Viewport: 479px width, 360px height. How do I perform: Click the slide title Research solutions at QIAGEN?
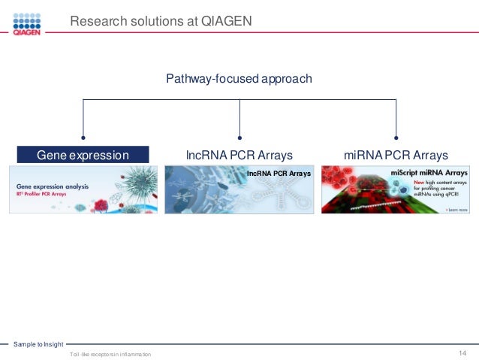coord(161,22)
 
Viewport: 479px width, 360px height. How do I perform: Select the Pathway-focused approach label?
coord(239,78)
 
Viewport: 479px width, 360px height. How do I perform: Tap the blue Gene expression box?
coord(83,155)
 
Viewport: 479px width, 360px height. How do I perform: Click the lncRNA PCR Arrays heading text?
coord(239,155)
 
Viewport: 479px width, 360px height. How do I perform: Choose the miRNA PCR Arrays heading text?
coord(396,155)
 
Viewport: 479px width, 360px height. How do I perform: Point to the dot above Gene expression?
coord(83,138)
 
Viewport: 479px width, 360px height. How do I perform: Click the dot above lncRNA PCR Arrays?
coord(239,138)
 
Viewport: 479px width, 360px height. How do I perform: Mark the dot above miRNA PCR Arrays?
coord(396,138)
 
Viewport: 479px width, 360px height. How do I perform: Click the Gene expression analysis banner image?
coord(83,189)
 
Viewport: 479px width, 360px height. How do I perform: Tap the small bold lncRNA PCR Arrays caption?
coord(279,174)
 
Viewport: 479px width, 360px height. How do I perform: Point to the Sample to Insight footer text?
coord(38,343)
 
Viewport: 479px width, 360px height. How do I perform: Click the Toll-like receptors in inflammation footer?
coord(110,354)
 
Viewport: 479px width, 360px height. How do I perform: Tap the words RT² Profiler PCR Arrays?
coord(44,193)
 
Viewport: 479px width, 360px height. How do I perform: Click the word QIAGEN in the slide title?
coord(226,22)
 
